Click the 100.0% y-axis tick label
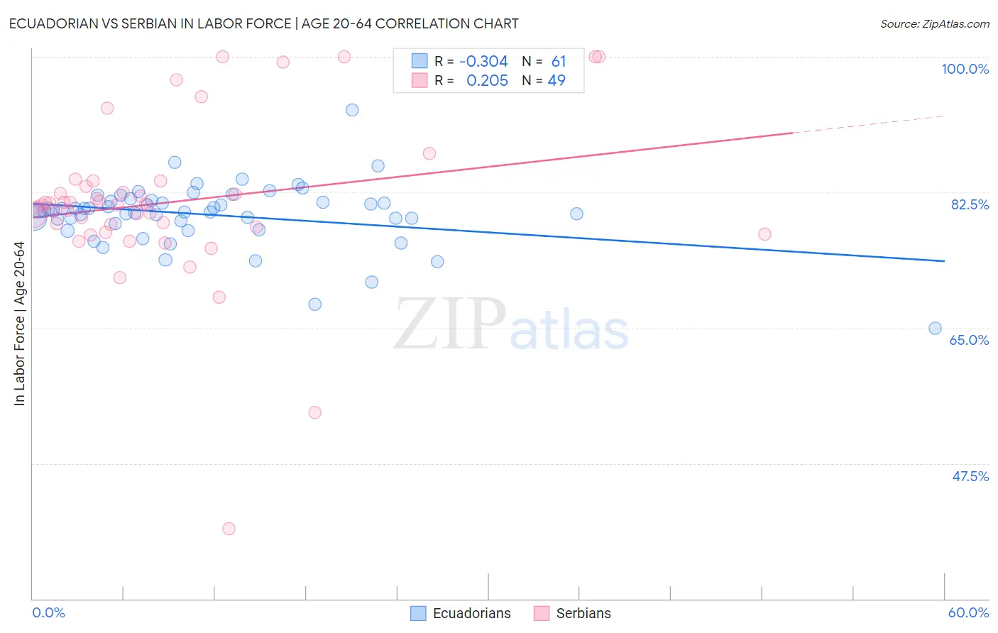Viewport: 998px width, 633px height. (965, 69)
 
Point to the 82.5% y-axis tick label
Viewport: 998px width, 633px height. (970, 204)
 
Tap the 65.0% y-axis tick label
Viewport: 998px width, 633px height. (969, 340)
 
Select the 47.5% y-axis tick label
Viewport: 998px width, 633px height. (970, 476)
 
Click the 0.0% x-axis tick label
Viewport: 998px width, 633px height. (48, 612)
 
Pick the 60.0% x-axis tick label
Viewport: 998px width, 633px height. (968, 612)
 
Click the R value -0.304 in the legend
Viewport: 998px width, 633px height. (483, 62)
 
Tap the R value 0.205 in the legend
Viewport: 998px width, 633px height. (487, 81)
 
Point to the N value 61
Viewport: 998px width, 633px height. (559, 62)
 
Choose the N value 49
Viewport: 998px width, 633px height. (556, 81)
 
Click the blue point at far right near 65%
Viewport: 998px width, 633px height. (935, 328)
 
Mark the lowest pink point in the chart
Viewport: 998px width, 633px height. (229, 529)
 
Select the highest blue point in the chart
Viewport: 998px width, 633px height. (352, 110)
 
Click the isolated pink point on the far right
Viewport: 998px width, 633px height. (764, 234)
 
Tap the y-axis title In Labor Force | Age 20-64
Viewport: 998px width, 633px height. (19, 324)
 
